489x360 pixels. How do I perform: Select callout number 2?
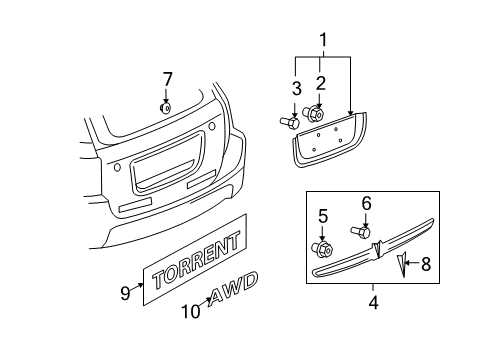320,82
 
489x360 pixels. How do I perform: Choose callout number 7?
168,78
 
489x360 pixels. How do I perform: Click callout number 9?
125,293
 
